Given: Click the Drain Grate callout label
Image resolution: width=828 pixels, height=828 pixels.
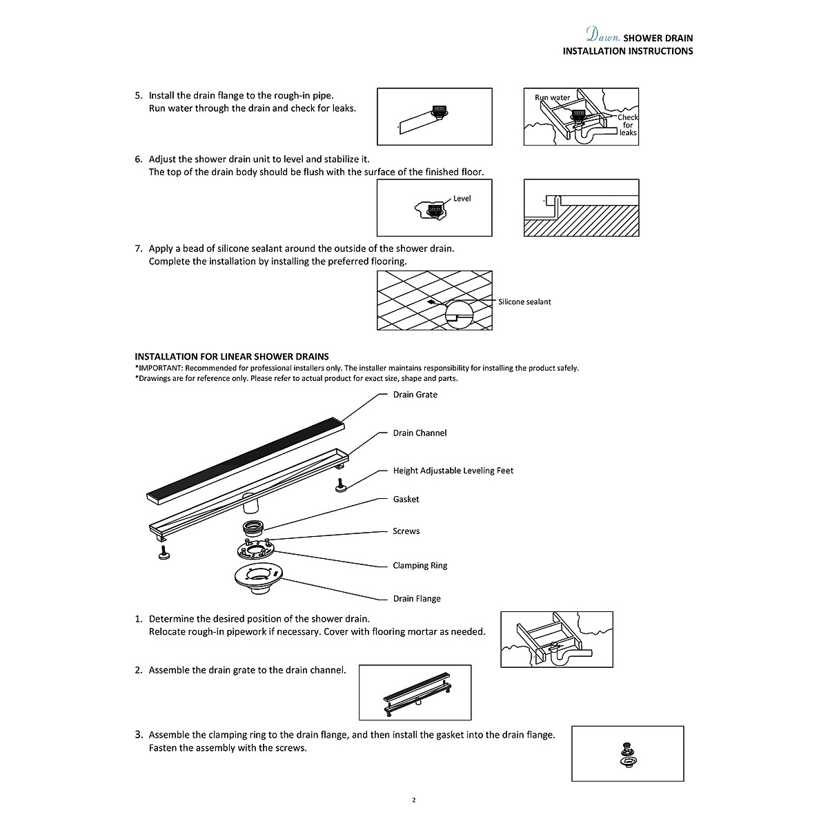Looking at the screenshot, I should click(x=415, y=395).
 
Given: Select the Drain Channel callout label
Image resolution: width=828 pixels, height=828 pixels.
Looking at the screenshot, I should click(x=420, y=433).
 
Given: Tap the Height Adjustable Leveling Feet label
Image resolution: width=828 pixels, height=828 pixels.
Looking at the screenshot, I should click(x=453, y=471).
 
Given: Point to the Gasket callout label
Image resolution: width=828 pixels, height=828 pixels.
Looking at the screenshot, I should click(x=406, y=499).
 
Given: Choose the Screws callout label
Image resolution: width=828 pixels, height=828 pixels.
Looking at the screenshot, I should click(x=406, y=531).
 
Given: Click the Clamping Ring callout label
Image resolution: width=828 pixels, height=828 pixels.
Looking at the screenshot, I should click(x=420, y=565).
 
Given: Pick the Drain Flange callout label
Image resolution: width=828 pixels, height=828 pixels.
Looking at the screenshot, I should click(x=417, y=598).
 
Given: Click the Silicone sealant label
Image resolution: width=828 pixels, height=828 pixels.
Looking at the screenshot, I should click(x=524, y=302).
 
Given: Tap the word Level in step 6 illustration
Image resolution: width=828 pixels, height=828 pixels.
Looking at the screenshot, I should click(x=462, y=199).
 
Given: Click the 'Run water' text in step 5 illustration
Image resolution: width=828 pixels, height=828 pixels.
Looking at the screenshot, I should click(x=552, y=97).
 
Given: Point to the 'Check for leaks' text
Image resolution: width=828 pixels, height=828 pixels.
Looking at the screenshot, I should click(x=627, y=125).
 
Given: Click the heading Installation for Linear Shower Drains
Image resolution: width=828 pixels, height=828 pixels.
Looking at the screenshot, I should click(x=232, y=357).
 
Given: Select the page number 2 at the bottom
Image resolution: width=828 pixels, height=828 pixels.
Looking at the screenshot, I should click(x=413, y=800).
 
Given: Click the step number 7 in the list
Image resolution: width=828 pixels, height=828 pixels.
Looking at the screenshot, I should click(x=138, y=248).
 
